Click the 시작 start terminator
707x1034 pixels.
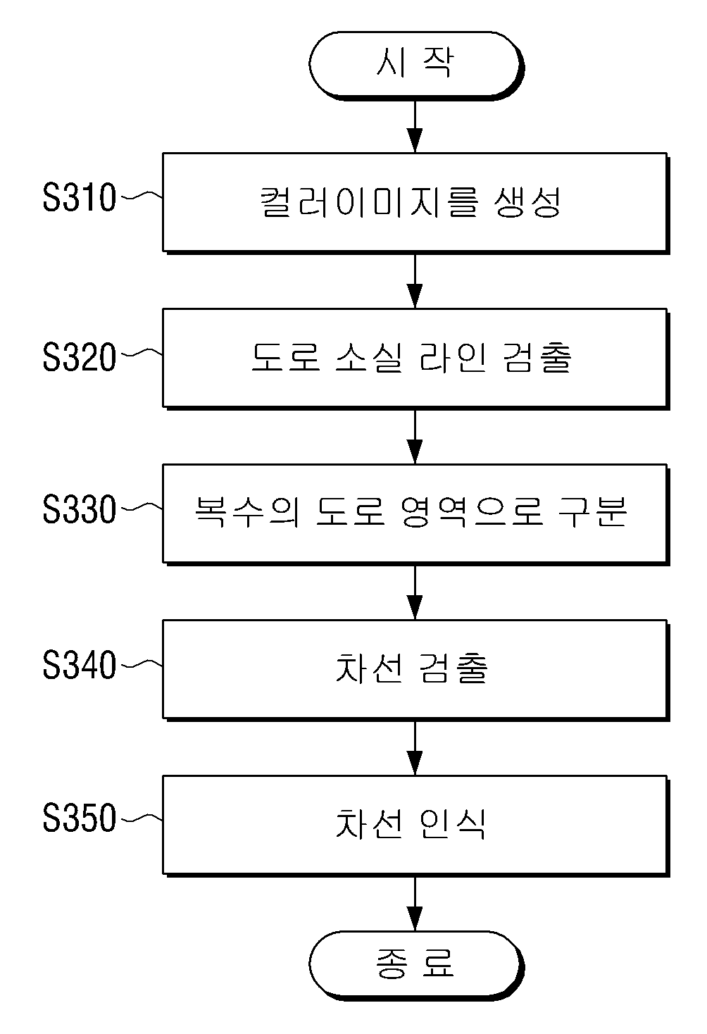point(416,66)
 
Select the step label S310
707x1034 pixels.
point(79,197)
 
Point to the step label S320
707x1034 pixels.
point(79,356)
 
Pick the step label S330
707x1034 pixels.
point(79,509)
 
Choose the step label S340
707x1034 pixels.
point(79,665)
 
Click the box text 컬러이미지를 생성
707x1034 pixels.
point(411,201)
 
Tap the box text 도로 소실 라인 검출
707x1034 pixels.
point(411,358)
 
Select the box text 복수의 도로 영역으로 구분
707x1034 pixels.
point(411,512)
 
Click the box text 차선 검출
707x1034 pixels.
point(411,668)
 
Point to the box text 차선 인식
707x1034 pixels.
point(411,823)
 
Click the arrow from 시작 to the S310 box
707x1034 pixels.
point(415,127)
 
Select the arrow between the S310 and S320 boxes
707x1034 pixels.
point(415,281)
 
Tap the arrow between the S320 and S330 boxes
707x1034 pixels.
point(415,437)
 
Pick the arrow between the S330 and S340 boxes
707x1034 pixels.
point(415,592)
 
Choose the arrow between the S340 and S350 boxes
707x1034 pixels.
point(415,748)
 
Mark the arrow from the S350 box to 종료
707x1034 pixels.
point(415,904)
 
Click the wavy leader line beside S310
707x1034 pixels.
point(142,196)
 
